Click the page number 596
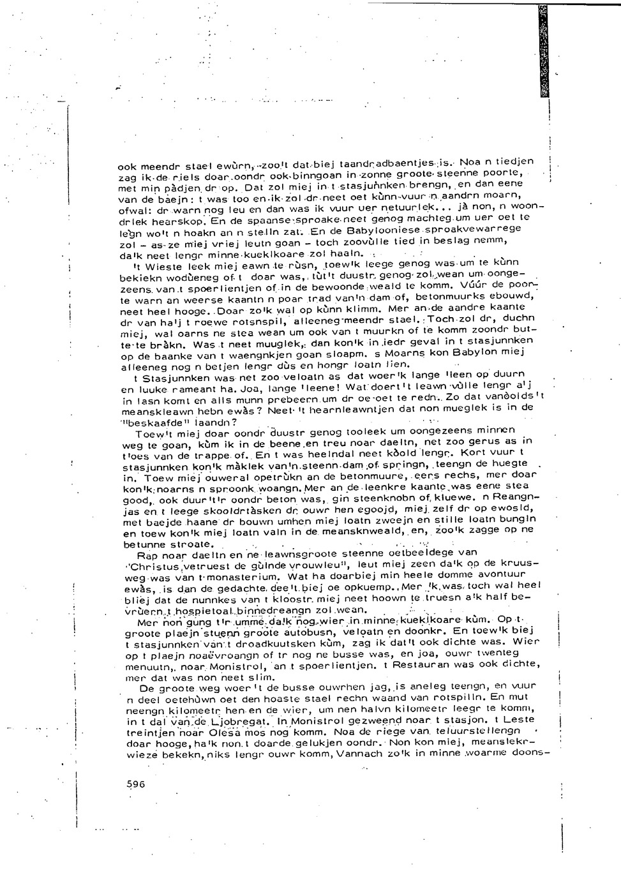[136, 784]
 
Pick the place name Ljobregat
[244, 722]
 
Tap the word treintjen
[143, 733]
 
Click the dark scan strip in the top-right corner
[543, 51]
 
